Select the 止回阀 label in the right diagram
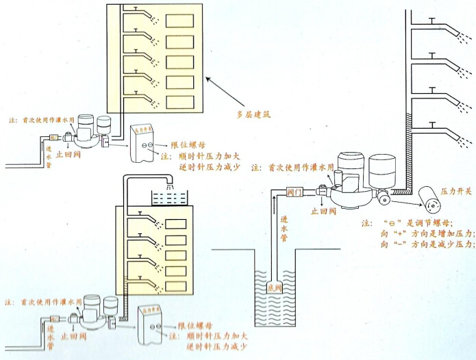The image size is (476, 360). (x=323, y=212)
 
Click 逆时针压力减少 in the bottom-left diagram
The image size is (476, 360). (x=216, y=348)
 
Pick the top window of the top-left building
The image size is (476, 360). (x=180, y=21)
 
